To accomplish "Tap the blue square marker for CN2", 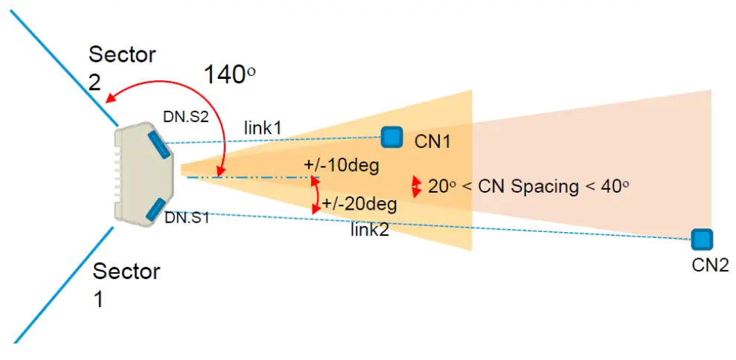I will tap(700, 239).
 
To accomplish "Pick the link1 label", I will tap(263, 128).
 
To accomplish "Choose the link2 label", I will tap(370, 230).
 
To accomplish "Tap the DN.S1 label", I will tap(187, 218).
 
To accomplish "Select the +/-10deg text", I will tap(342, 165).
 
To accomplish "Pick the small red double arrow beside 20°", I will tap(416, 187).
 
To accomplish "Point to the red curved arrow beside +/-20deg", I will tap(317, 196).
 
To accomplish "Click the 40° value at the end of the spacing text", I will tap(615, 186).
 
